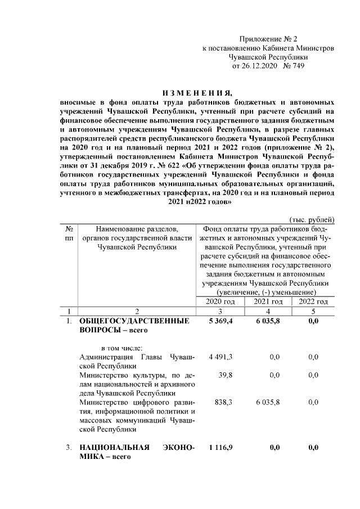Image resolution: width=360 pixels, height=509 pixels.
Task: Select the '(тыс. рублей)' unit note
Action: pos(312,219)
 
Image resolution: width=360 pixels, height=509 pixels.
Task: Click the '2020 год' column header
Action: pos(217,302)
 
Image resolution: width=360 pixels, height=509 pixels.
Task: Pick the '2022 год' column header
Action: pos(313,302)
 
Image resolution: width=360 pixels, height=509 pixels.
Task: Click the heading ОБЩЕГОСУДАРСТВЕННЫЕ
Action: pos(133,321)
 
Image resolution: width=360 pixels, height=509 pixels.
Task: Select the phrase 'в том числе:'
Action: pos(121,347)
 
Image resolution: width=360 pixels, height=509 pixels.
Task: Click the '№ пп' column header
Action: pos(67,233)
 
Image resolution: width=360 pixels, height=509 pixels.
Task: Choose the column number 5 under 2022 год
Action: pos(313,311)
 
